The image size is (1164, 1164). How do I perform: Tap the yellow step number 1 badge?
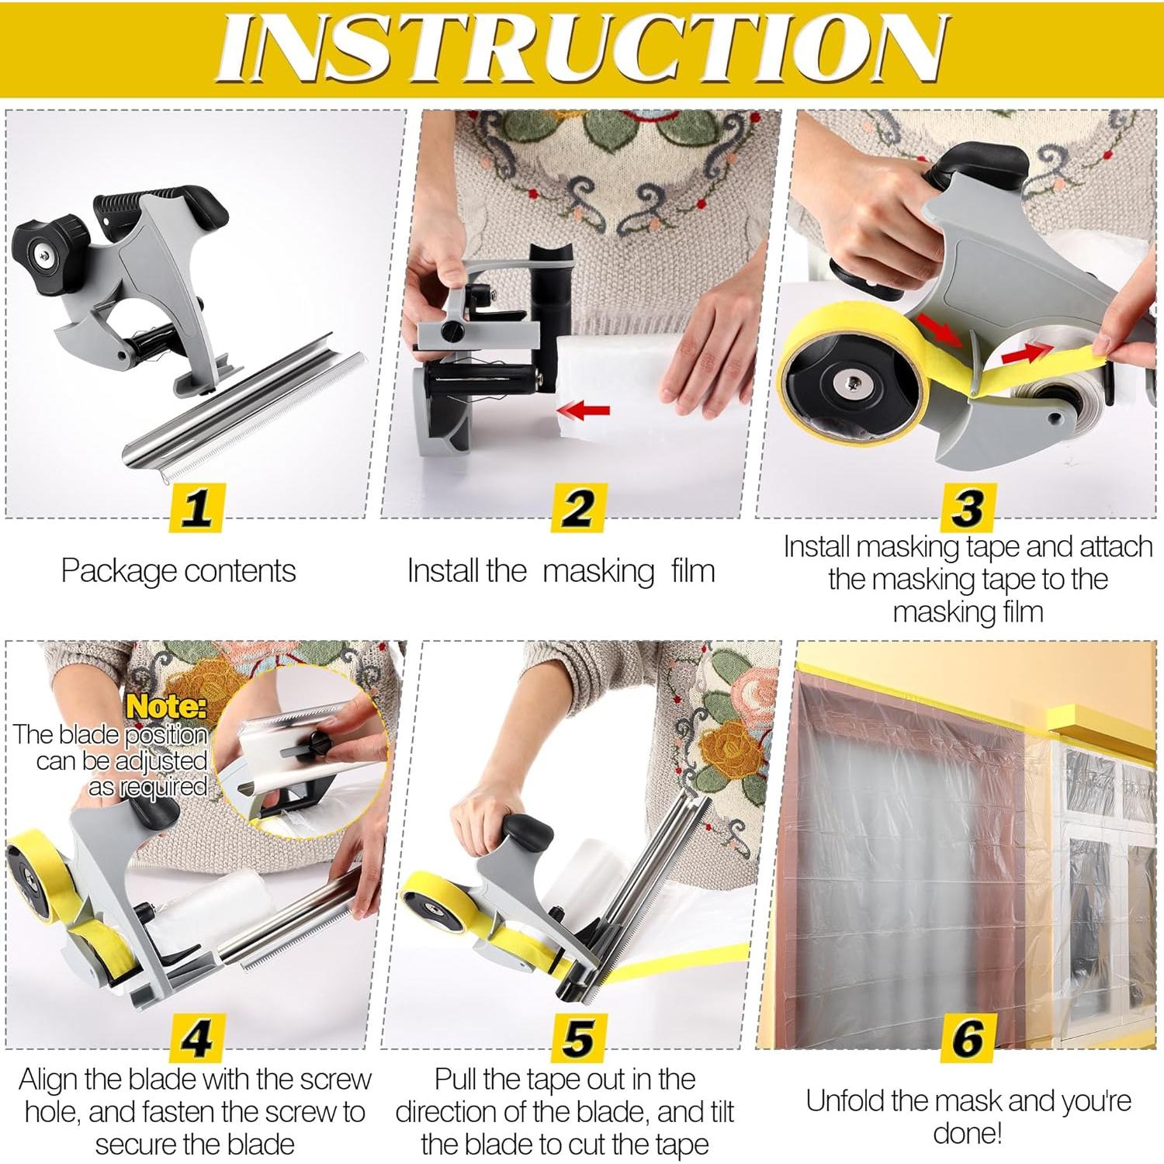click(196, 508)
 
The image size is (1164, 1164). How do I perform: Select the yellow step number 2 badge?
click(578, 508)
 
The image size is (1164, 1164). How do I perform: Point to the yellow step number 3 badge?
click(967, 508)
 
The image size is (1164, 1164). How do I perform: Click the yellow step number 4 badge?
click(196, 1038)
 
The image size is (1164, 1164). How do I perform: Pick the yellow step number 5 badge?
click(578, 1038)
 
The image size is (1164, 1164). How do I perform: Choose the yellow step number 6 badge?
click(967, 1038)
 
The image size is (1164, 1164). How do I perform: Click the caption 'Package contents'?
click(178, 571)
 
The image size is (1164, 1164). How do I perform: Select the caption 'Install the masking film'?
click(560, 571)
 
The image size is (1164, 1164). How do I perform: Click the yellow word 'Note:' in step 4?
click(166, 706)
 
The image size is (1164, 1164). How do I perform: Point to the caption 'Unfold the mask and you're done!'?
click(968, 1117)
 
